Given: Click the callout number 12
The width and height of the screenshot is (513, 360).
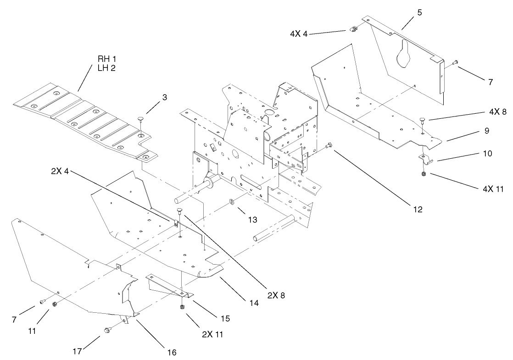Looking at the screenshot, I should [417, 209].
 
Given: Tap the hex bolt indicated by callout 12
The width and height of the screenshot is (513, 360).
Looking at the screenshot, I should [328, 146].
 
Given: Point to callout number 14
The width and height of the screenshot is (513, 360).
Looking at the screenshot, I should [254, 303].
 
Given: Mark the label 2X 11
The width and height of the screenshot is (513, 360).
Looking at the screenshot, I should [212, 334].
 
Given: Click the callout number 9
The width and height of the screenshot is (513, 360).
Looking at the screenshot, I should [486, 131].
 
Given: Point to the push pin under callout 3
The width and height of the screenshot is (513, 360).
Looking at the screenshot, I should [140, 120].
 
